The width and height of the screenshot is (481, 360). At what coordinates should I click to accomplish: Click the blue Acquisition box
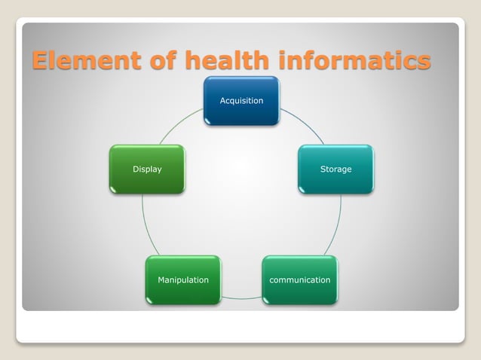click(241, 101)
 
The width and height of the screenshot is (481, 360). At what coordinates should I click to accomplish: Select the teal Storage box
click(335, 169)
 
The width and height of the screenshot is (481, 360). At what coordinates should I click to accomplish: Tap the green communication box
click(299, 280)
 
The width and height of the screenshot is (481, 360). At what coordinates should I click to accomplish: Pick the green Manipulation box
click(183, 280)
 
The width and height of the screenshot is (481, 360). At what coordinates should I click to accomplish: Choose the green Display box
click(147, 169)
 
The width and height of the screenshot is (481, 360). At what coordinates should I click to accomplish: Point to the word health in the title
click(223, 60)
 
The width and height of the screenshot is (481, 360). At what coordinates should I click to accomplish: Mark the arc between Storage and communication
click(335, 226)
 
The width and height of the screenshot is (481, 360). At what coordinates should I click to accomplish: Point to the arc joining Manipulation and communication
click(241, 298)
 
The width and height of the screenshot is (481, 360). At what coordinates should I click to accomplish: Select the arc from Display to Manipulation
click(147, 226)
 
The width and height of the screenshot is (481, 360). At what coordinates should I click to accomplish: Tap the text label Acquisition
click(241, 101)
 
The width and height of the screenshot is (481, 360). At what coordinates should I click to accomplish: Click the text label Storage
click(335, 169)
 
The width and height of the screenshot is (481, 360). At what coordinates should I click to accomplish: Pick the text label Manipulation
click(183, 280)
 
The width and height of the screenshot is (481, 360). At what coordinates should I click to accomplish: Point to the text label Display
click(147, 169)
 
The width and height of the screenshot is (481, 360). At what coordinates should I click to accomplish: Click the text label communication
click(299, 280)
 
